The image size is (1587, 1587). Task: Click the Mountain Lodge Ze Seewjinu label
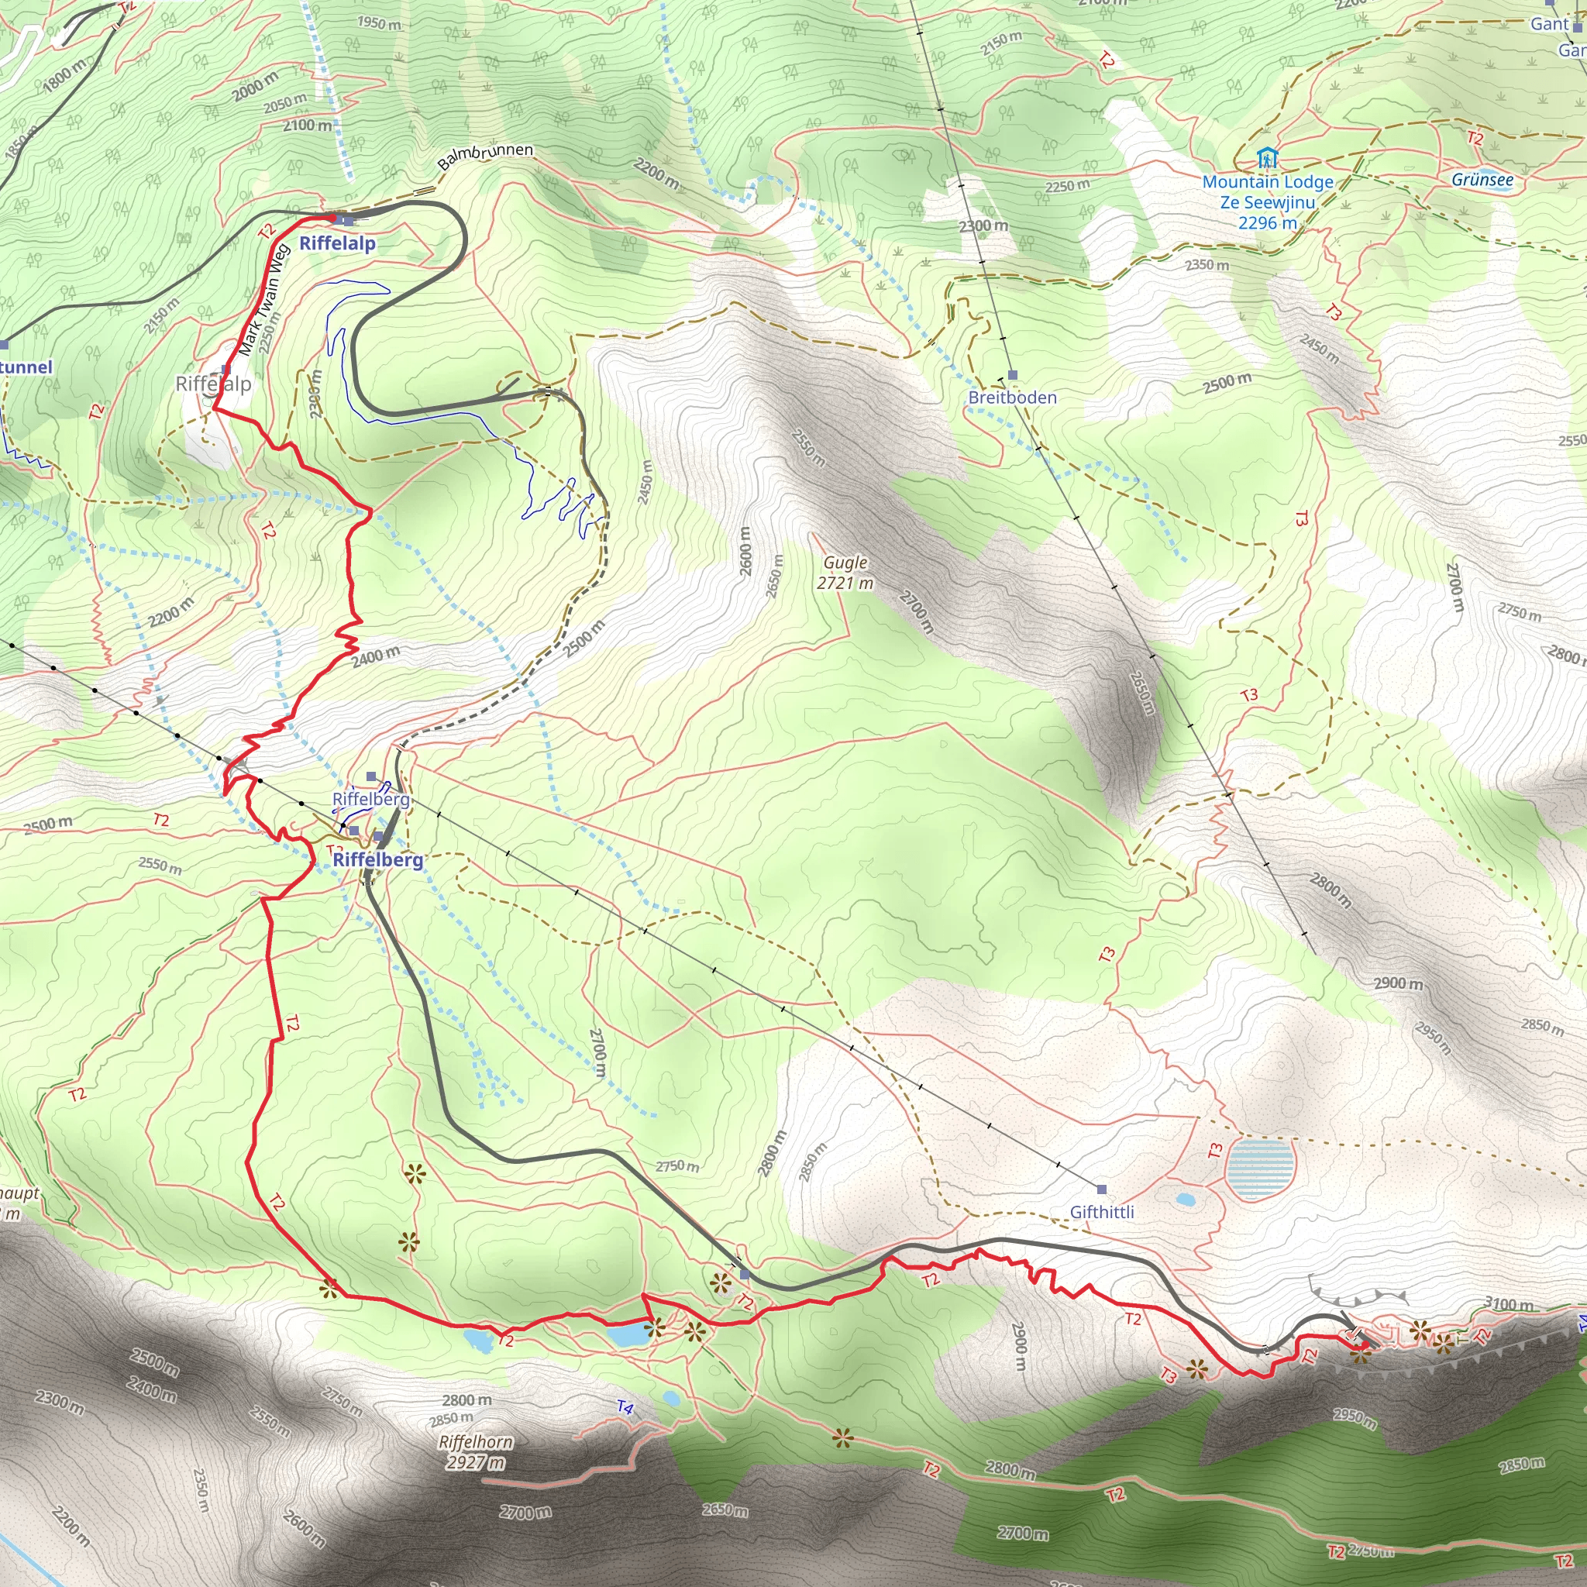click(x=1268, y=202)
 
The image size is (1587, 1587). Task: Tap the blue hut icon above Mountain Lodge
click(x=1268, y=156)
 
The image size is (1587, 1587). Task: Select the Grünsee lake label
click(x=1482, y=179)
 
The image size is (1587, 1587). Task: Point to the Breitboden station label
click(x=1012, y=398)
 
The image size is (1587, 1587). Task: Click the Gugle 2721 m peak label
click(x=845, y=573)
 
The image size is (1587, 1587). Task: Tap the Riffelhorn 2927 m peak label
click(x=476, y=1451)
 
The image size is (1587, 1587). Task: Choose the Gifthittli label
click(x=1102, y=1212)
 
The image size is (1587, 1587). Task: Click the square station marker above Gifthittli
click(x=1102, y=1189)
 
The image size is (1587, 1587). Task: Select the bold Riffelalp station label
click(x=337, y=243)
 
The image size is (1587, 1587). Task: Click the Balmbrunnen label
click(x=485, y=155)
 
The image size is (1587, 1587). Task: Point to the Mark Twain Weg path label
click(x=263, y=301)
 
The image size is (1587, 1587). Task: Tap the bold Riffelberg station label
click(x=378, y=859)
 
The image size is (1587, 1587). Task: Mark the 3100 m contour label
click(x=1508, y=1304)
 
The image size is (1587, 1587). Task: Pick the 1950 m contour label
click(x=380, y=23)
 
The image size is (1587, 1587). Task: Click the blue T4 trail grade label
click(x=625, y=1408)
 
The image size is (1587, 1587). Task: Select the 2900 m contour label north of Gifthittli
click(x=1398, y=983)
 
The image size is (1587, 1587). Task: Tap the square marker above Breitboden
click(x=1012, y=374)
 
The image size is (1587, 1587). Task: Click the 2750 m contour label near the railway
click(x=676, y=1166)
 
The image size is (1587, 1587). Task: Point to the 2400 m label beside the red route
click(x=375, y=656)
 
